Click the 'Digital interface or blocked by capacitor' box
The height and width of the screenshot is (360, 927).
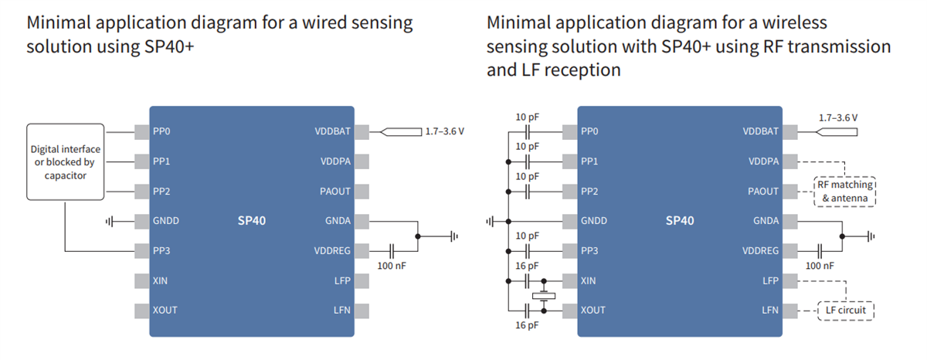point(65,162)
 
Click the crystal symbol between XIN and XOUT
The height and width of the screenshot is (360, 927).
point(545,295)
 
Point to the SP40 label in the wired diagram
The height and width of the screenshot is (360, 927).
point(252,221)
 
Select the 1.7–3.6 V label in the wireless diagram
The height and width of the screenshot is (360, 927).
point(837,117)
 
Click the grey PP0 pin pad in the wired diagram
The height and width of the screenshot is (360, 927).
point(141,131)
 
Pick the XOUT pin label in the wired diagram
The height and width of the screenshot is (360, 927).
point(165,310)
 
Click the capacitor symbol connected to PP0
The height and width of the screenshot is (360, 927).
point(527,131)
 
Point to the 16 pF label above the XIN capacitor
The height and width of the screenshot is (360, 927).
point(527,266)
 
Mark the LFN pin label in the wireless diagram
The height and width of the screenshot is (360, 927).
point(769,310)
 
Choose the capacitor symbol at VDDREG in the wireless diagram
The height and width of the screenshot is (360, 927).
point(820,250)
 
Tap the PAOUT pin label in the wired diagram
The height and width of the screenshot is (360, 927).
point(334,191)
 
